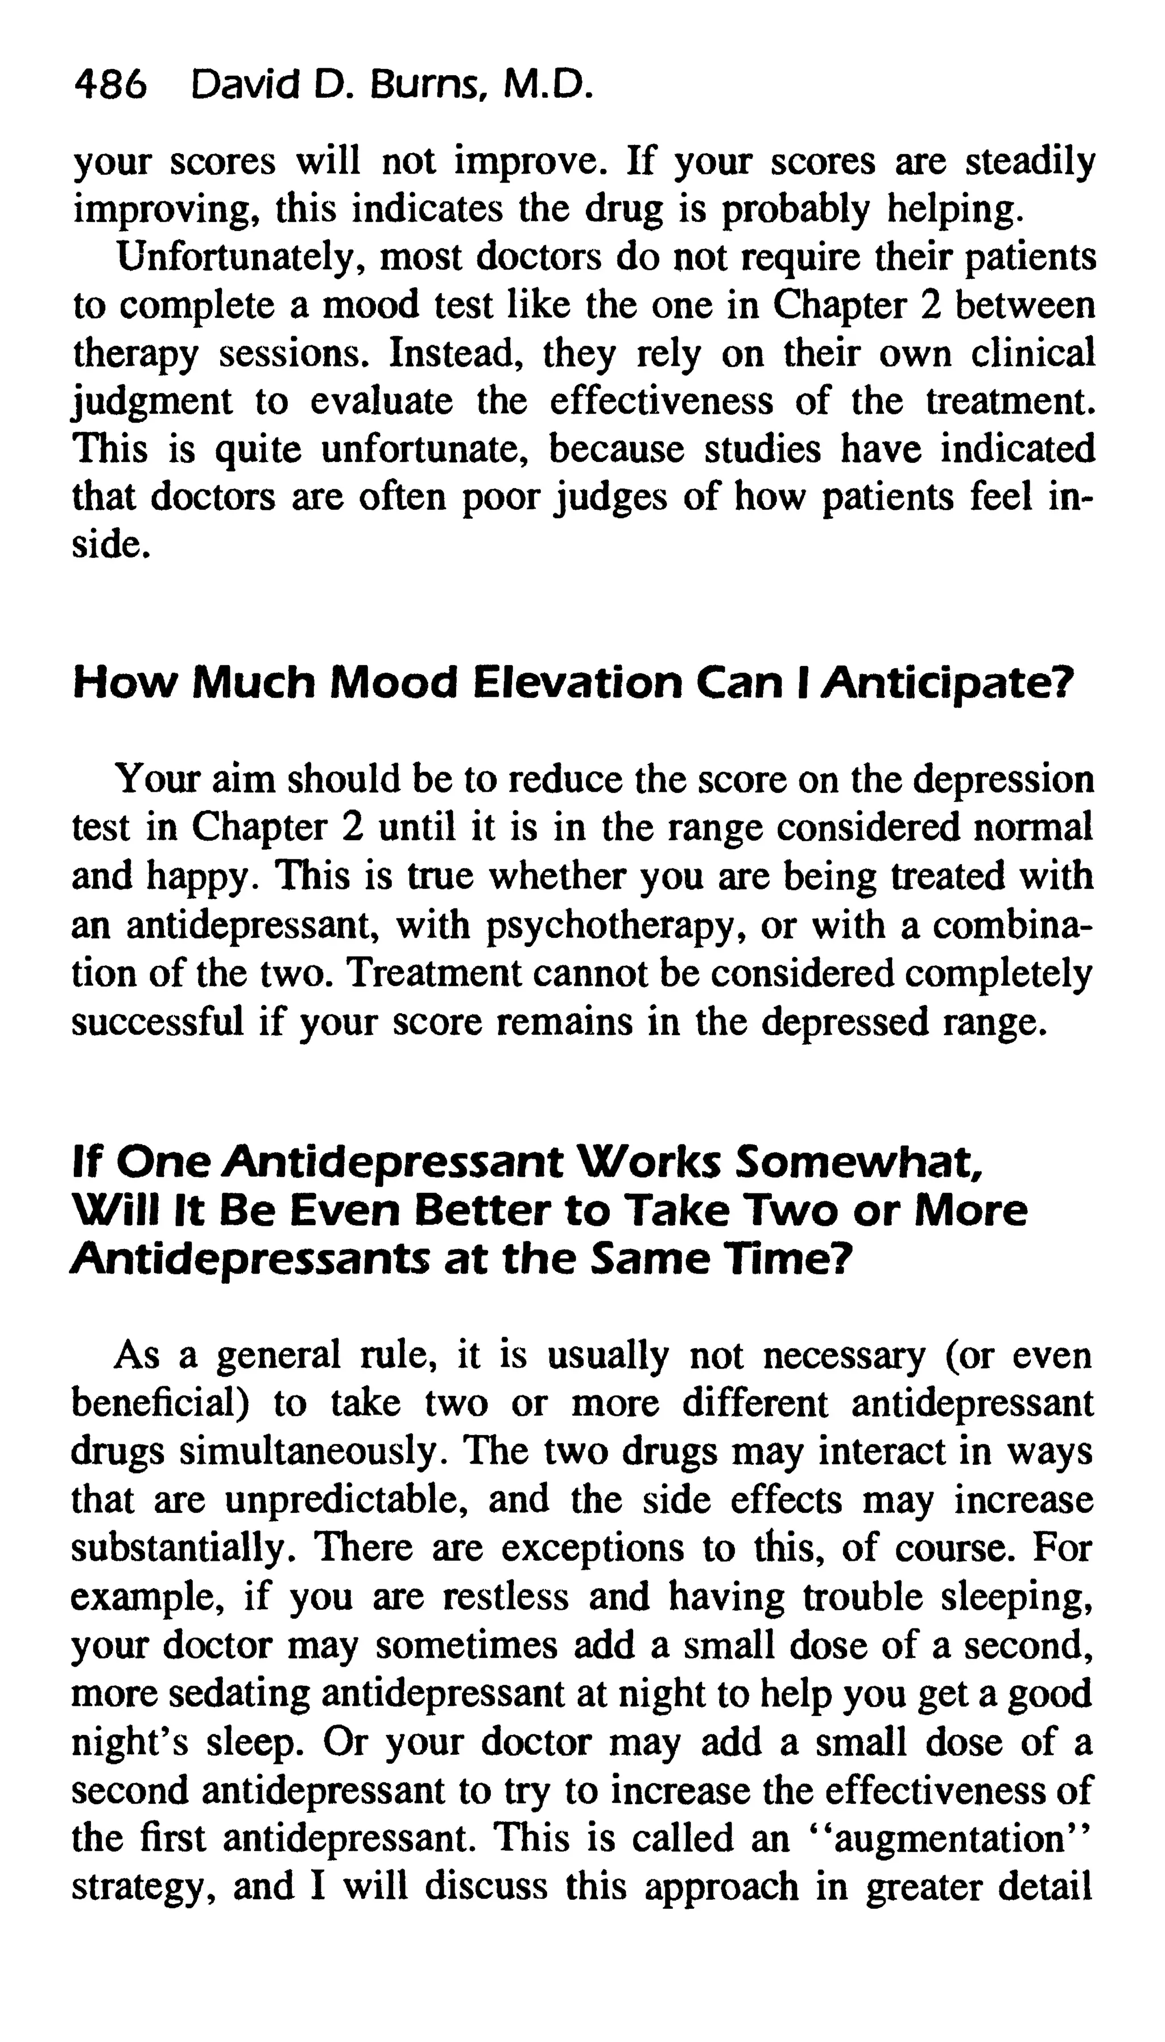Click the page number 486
(x=110, y=84)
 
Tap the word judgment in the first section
(x=152, y=402)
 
